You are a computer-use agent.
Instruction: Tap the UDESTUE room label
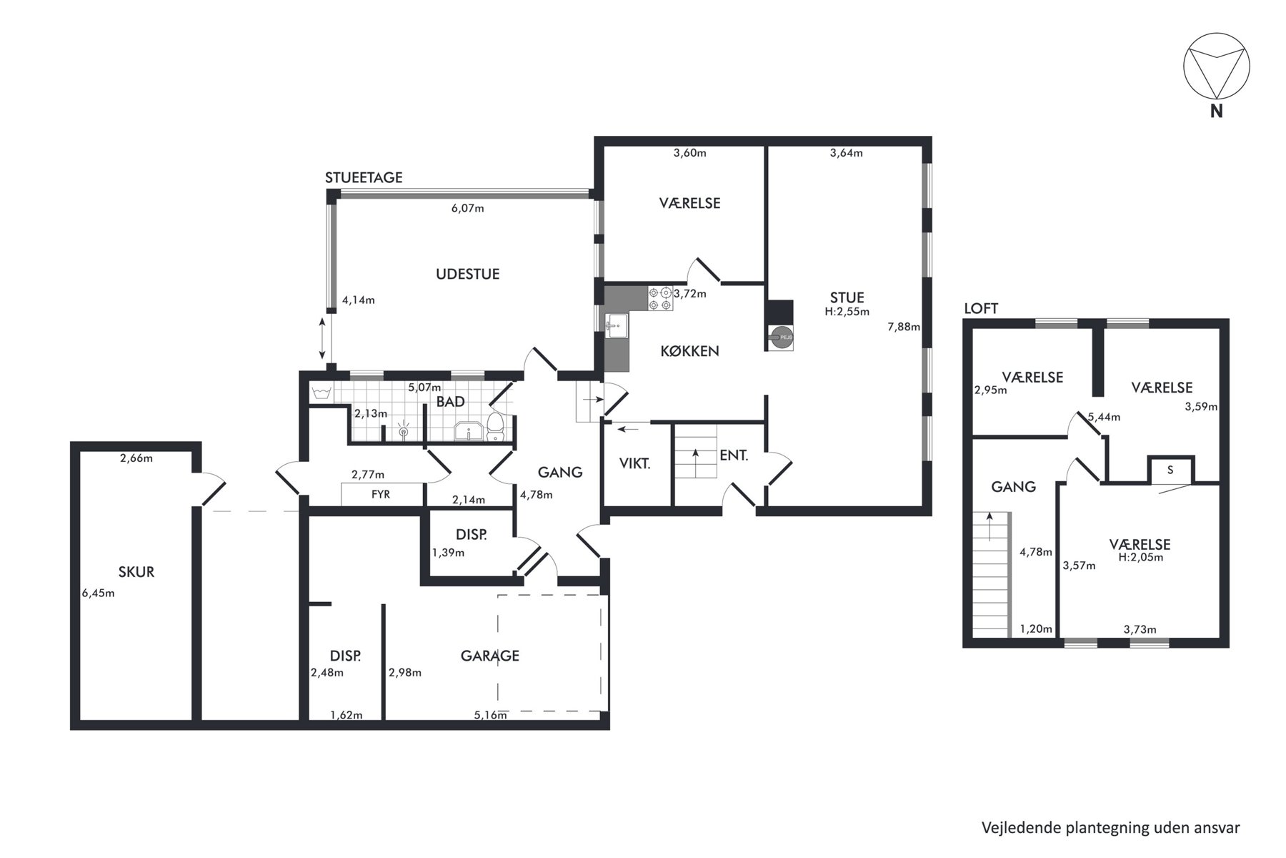point(468,274)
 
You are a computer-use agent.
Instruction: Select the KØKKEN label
point(689,351)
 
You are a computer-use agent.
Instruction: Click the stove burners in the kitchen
point(660,298)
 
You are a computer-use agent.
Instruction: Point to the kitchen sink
point(615,328)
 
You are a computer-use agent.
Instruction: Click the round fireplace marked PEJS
point(780,337)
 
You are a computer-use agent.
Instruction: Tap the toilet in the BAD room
point(495,427)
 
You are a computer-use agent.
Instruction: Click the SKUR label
point(136,572)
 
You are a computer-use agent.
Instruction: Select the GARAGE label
point(490,656)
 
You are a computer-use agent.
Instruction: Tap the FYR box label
point(381,494)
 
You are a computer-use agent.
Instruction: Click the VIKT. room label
point(635,463)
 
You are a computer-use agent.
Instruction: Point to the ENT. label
point(734,455)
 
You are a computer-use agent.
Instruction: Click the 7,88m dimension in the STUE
point(904,327)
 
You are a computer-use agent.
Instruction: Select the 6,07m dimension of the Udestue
point(467,209)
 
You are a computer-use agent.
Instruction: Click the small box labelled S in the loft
point(1170,470)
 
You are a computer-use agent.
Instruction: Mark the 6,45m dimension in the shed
point(99,593)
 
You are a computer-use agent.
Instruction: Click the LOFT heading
point(981,309)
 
